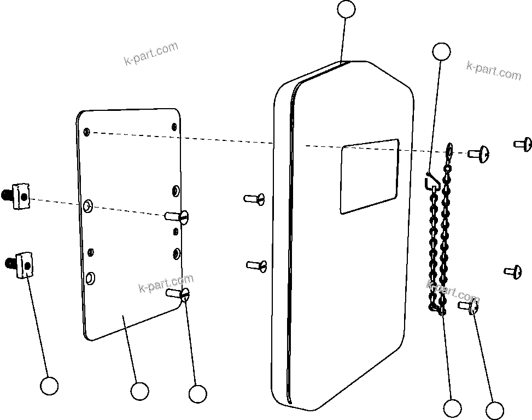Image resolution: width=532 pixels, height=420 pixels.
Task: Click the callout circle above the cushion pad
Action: point(346,9)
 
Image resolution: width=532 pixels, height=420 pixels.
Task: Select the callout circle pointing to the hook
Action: point(441,51)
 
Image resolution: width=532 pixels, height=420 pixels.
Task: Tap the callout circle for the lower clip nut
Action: point(50,386)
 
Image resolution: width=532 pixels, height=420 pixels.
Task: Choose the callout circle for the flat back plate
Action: point(139,391)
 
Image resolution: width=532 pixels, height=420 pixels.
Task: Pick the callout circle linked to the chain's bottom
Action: point(452,407)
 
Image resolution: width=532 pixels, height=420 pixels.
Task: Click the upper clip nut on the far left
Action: point(19,196)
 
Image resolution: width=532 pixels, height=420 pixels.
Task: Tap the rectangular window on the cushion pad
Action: point(369,176)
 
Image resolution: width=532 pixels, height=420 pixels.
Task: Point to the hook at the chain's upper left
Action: point(431,180)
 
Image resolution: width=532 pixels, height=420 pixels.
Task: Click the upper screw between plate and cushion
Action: point(255,198)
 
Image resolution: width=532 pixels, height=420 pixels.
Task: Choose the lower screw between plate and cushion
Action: point(256,265)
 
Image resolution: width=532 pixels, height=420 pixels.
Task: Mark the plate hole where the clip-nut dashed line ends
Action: point(88,206)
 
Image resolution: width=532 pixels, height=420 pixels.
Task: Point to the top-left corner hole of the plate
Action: point(87,132)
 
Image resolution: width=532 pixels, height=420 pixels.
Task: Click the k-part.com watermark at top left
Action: point(151,54)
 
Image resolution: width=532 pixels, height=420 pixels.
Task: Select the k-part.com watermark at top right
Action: point(493,70)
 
